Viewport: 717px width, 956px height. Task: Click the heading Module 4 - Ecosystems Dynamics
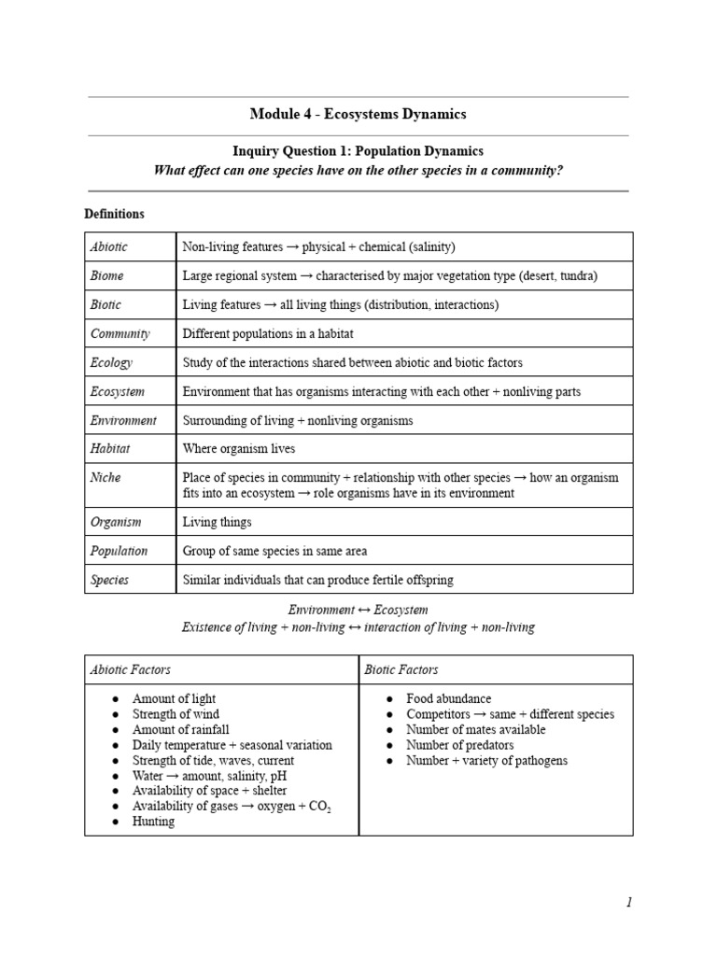tap(358, 115)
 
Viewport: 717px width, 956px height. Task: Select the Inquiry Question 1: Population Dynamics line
tap(358, 150)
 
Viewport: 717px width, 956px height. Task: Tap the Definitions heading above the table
tap(114, 214)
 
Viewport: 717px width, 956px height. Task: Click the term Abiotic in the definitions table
tap(109, 247)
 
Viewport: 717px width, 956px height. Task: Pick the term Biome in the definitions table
tap(107, 276)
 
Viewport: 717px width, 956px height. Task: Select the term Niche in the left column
tap(105, 477)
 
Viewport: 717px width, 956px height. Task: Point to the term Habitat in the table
tap(110, 448)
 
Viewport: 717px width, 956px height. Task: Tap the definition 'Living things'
tap(217, 523)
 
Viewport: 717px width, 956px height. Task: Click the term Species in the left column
tap(110, 580)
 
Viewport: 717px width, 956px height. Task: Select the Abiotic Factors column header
tap(130, 670)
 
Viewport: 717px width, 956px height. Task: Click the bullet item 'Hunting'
tap(153, 822)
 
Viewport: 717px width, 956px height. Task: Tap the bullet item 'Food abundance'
tap(448, 699)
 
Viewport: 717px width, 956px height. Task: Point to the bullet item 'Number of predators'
tap(459, 745)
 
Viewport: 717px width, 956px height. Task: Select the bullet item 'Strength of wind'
tap(176, 714)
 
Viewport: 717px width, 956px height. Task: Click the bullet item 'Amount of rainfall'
tap(180, 730)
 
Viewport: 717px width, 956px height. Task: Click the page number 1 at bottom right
tap(629, 902)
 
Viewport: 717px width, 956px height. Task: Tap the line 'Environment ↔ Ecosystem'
tap(358, 610)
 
